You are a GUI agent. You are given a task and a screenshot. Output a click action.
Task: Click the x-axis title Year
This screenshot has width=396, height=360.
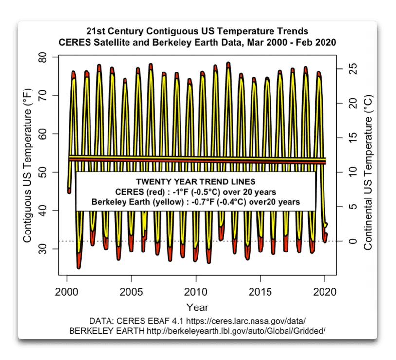(197, 307)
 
